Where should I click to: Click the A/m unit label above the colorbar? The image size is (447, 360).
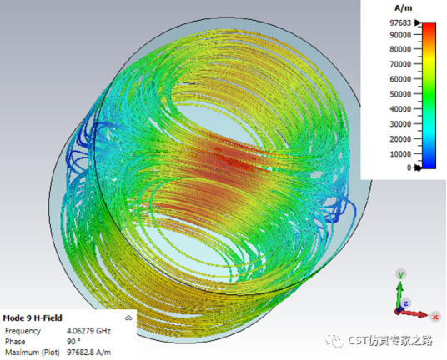tap(403, 8)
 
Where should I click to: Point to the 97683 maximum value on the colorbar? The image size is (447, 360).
tap(400, 22)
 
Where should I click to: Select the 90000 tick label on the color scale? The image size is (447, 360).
tap(400, 35)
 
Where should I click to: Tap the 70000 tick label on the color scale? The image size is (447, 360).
tap(400, 64)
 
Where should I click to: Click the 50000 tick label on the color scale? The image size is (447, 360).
tap(400, 94)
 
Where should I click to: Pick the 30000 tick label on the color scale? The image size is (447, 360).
tap(400, 124)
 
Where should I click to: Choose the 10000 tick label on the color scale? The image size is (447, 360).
tap(400, 154)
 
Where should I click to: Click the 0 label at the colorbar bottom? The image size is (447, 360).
tap(409, 167)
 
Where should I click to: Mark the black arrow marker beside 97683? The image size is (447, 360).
tap(418, 22)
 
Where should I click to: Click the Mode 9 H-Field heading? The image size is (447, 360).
tap(33, 317)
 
